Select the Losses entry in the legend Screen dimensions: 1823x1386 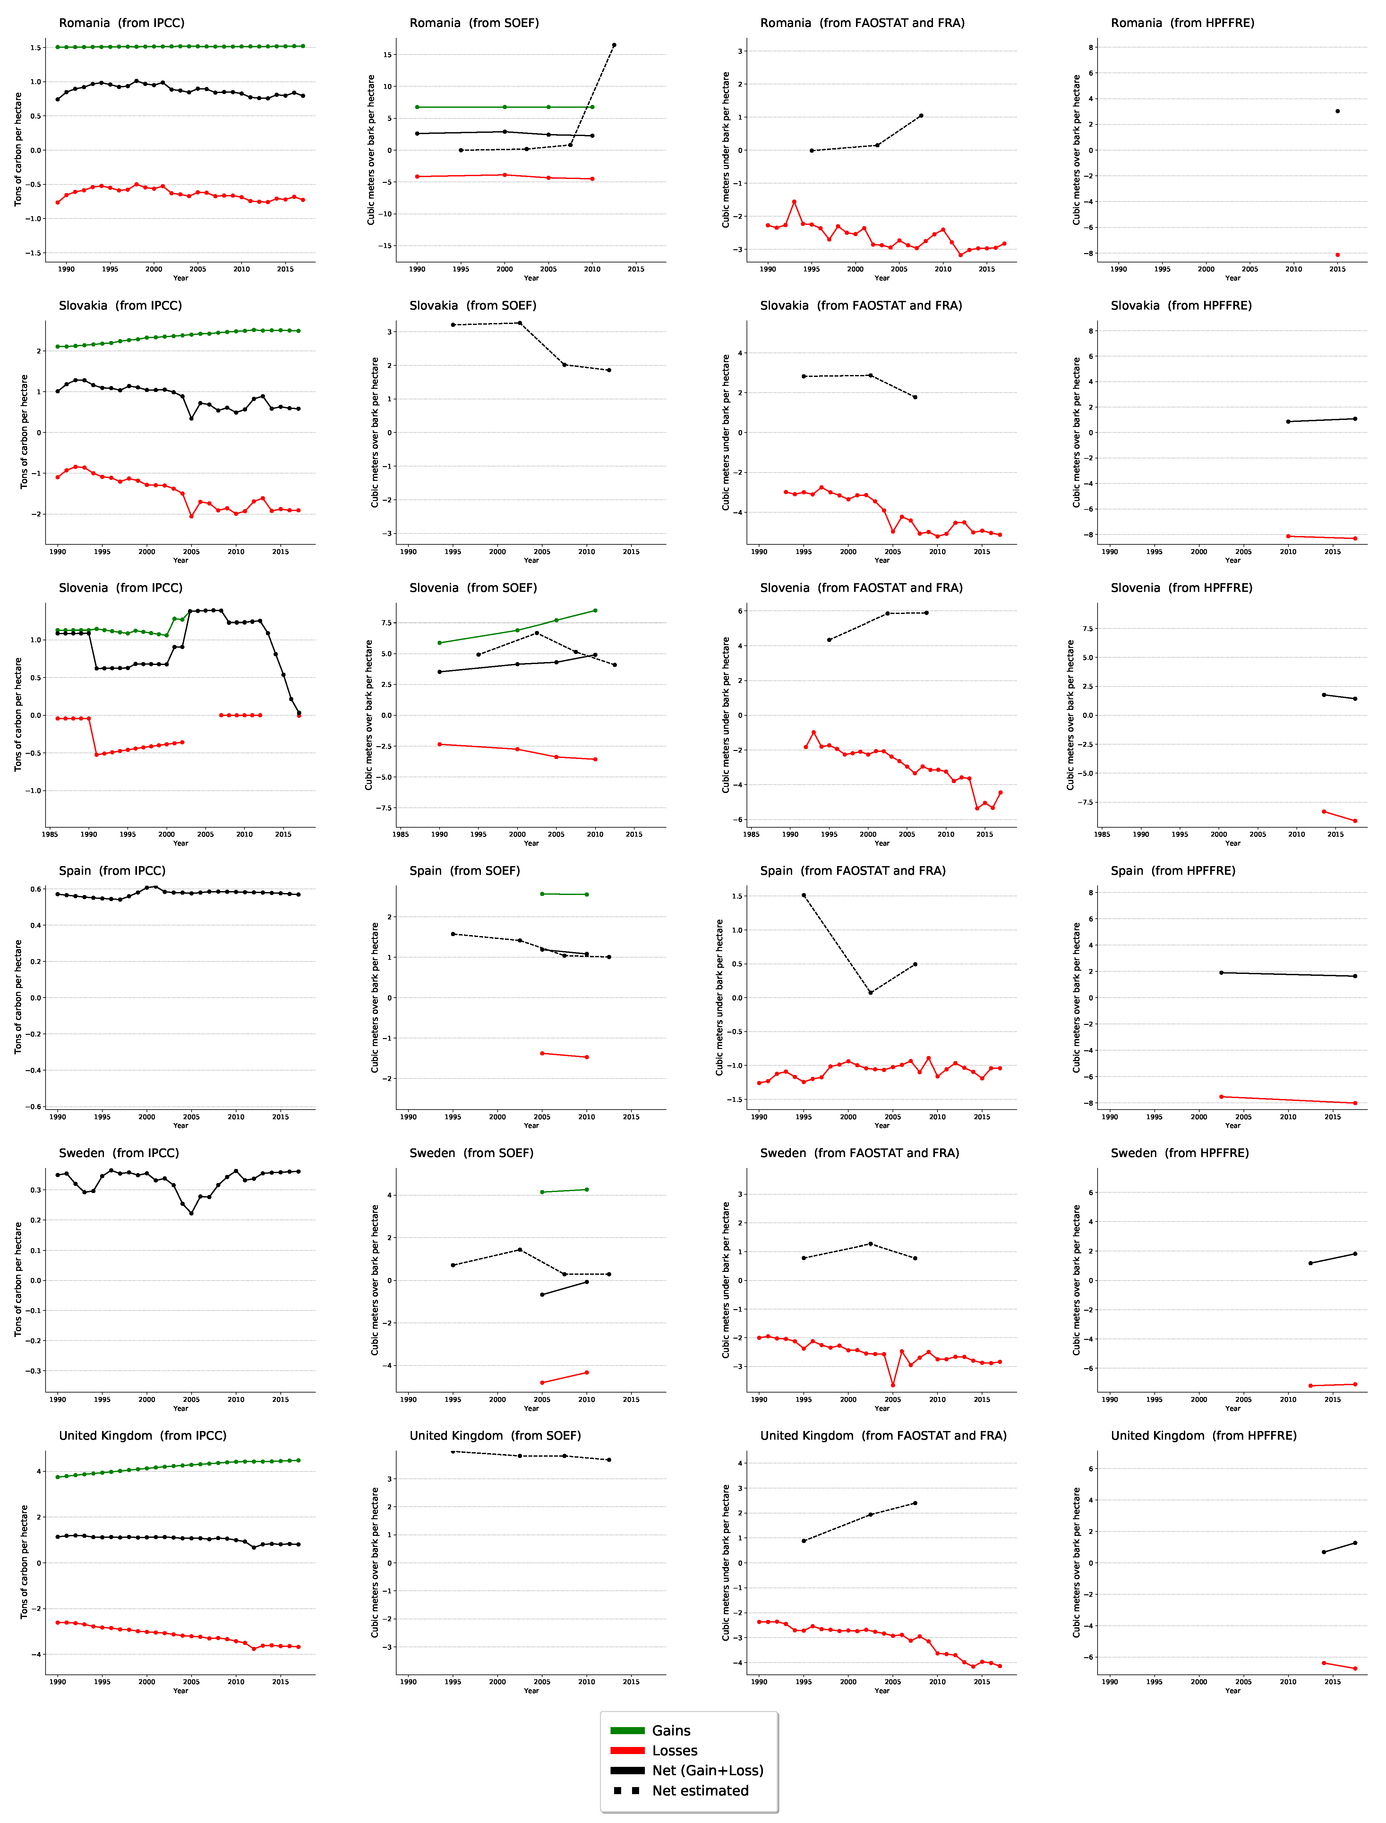674,1751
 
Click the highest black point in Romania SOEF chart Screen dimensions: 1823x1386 614,45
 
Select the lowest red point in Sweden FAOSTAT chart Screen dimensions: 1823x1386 893,1386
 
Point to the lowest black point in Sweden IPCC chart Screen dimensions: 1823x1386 192,1214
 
